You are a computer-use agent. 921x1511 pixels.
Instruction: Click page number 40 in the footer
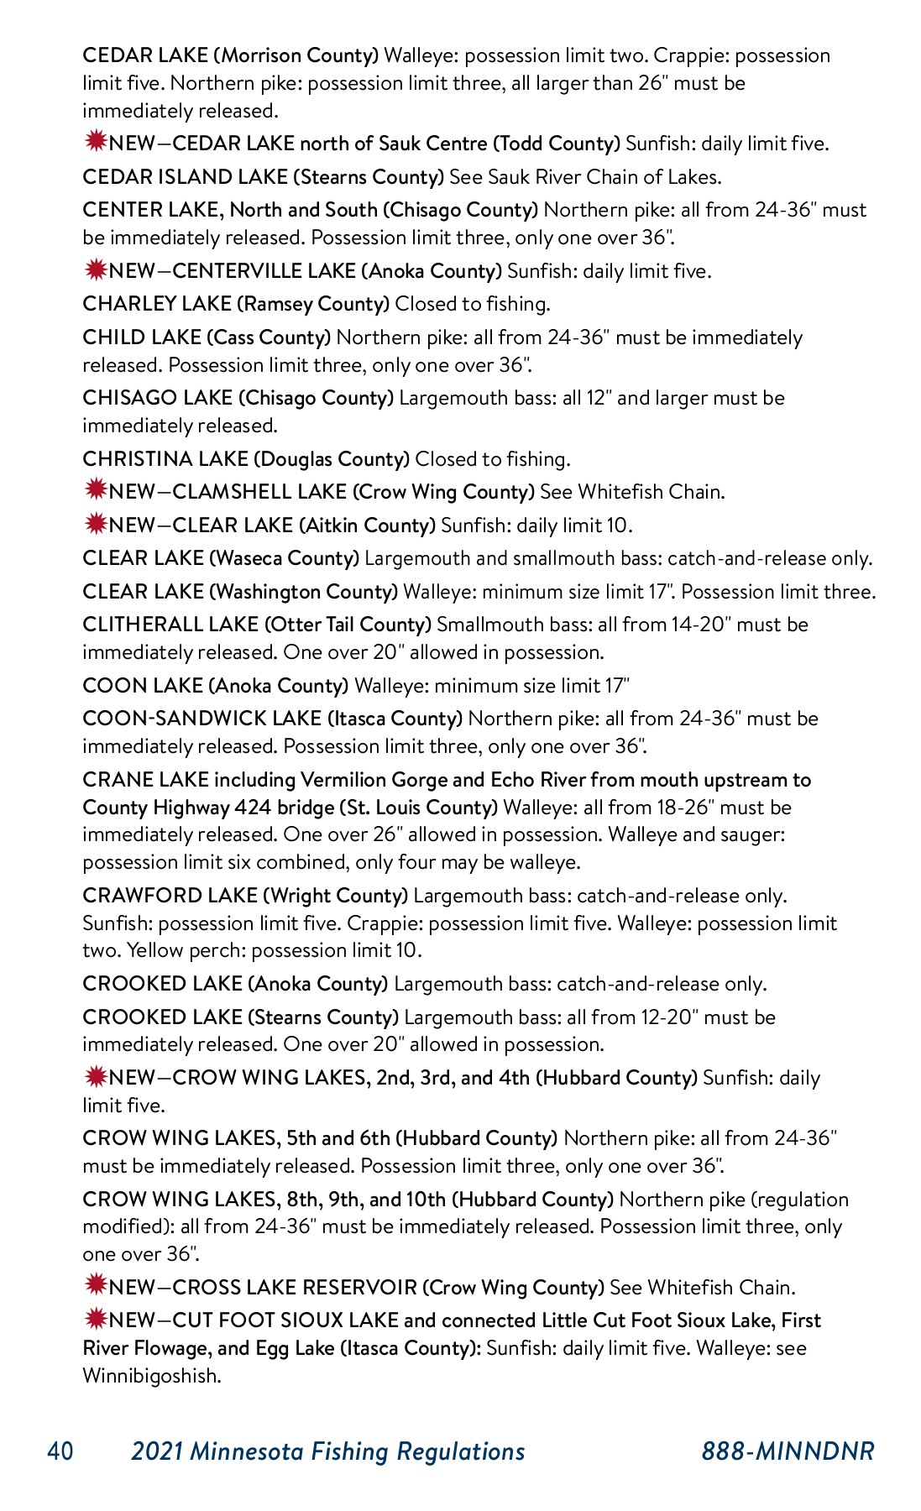tap(60, 1451)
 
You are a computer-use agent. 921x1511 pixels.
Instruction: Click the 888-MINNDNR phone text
tap(788, 1451)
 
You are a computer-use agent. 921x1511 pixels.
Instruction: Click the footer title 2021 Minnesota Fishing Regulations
tap(328, 1451)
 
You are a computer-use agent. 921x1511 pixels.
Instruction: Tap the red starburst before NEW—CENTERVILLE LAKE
tap(96, 270)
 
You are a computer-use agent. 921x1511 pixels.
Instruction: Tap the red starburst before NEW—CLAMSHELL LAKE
tap(96, 490)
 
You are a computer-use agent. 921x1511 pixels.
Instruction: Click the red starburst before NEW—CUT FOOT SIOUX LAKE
tap(96, 1319)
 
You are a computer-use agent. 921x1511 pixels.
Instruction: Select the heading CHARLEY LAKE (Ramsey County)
tap(236, 304)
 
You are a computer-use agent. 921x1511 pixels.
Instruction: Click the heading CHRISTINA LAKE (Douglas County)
tap(246, 459)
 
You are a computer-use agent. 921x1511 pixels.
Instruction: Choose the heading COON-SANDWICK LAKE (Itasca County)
tap(272, 719)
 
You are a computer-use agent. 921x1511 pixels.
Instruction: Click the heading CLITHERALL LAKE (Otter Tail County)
tap(257, 625)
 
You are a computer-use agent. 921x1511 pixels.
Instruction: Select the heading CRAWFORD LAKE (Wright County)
tap(245, 896)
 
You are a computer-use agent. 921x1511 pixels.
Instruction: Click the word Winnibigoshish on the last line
tap(151, 1376)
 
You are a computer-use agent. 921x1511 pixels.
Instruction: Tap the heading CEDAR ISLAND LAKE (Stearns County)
tap(263, 177)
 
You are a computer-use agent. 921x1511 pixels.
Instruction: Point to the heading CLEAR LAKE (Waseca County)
tap(221, 558)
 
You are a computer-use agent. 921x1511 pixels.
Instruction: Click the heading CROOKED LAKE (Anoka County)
tap(235, 984)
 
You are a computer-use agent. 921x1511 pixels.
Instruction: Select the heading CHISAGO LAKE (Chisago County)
tap(238, 398)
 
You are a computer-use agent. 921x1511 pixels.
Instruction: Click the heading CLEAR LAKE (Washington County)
tap(240, 592)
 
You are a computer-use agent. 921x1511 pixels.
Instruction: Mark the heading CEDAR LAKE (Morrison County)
tap(231, 55)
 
